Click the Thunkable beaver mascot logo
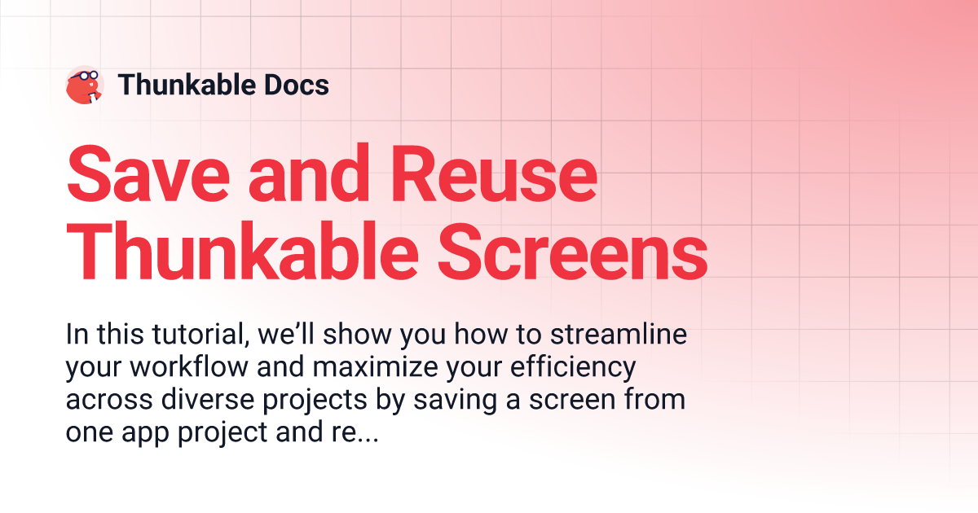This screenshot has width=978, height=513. point(85,85)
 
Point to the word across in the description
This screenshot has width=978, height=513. point(102,401)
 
